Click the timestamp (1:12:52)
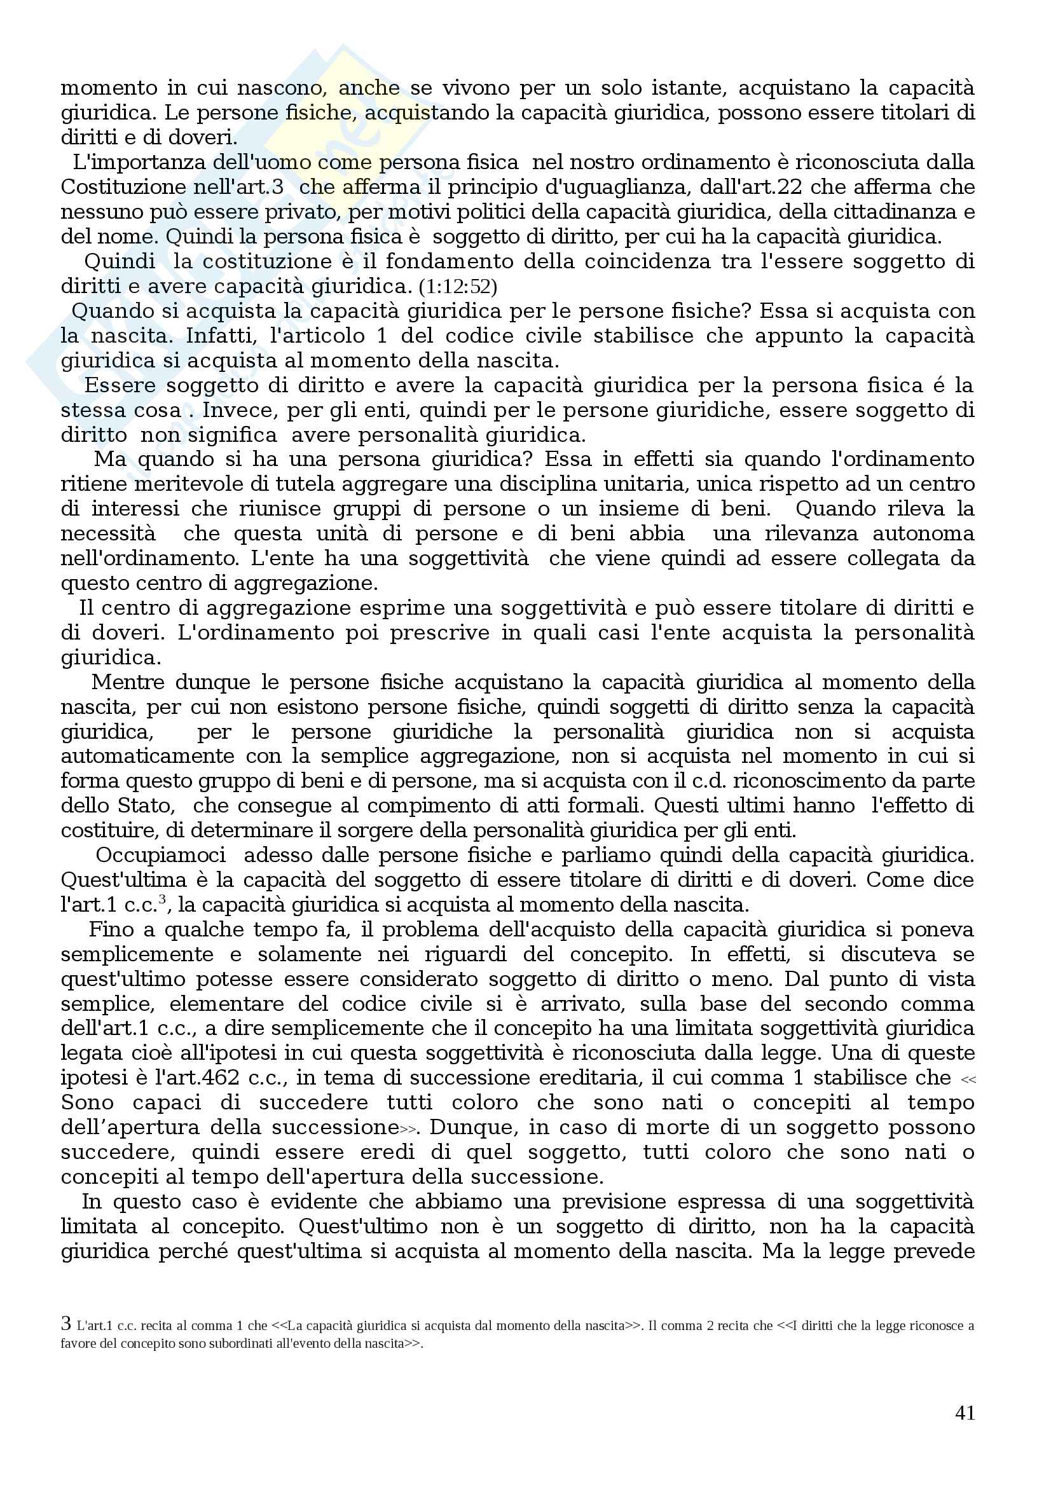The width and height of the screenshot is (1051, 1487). (x=458, y=286)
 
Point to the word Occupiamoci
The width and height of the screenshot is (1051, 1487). (x=161, y=856)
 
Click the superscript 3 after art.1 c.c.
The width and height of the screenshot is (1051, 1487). (x=162, y=899)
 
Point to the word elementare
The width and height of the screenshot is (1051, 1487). (x=226, y=1004)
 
